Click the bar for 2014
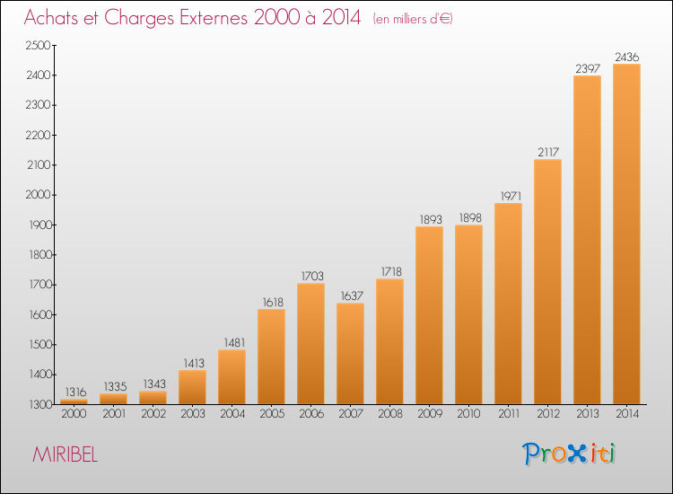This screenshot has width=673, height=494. [626, 234]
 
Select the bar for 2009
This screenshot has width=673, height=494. [429, 315]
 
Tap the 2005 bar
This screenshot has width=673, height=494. [271, 357]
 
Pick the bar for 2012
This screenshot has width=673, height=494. [547, 282]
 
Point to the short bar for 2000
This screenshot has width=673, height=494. [74, 401]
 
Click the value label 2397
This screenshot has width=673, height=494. [588, 69]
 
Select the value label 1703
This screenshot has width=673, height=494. [312, 277]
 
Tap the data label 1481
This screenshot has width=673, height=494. [234, 343]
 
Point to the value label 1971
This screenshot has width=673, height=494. [511, 197]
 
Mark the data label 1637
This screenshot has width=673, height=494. [352, 296]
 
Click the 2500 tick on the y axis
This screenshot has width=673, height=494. [39, 46]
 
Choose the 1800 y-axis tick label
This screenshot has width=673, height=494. [39, 255]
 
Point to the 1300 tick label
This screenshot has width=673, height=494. [40, 405]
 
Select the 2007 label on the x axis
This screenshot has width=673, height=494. [351, 414]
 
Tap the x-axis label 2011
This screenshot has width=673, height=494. [509, 414]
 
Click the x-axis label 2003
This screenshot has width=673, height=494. [193, 414]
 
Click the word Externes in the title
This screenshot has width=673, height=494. [214, 18]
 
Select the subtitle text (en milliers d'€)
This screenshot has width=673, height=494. [413, 19]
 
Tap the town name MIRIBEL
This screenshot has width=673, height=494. [66, 454]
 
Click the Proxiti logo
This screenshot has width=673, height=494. [569, 454]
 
